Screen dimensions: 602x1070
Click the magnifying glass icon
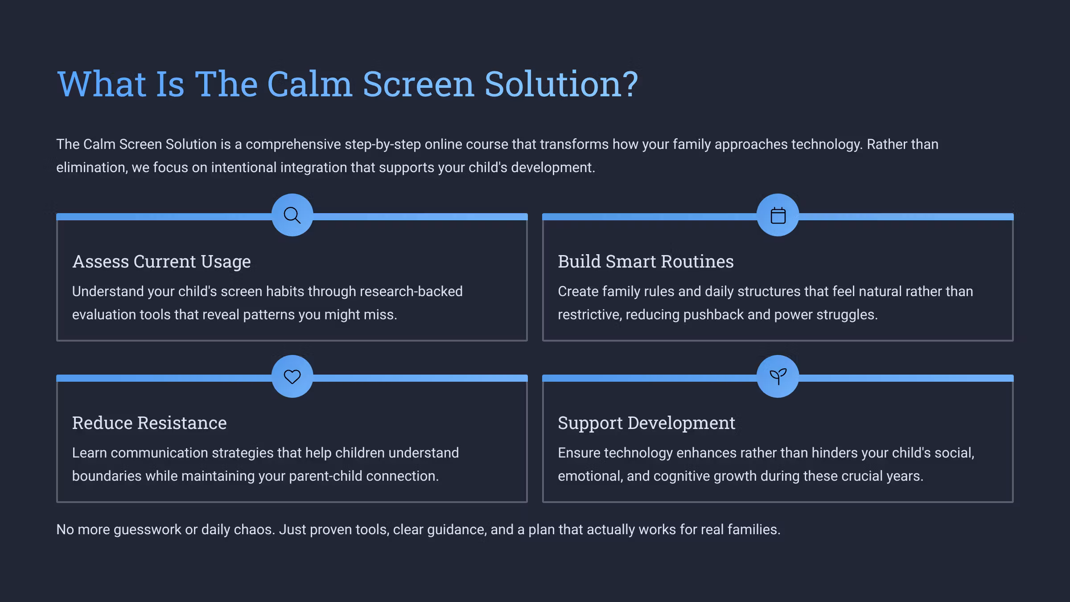point(292,215)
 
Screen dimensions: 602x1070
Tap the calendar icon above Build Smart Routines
point(778,215)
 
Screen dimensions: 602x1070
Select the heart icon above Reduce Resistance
point(292,377)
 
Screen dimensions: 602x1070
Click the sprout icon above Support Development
point(778,377)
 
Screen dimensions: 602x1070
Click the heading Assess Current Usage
point(161,262)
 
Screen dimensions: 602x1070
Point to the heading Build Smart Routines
point(645,262)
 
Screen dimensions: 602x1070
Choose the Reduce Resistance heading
point(149,423)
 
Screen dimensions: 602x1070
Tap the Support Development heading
point(646,423)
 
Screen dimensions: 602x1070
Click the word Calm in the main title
point(309,84)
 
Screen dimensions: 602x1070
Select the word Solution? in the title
point(561,84)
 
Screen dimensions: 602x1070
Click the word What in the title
point(102,84)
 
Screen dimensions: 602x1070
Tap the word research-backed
point(411,292)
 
